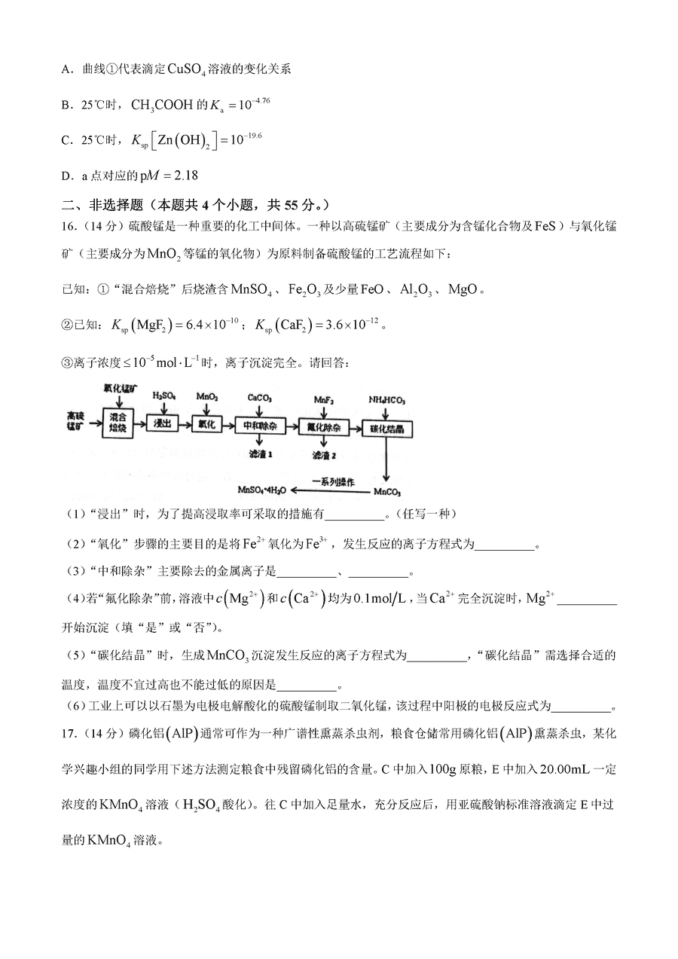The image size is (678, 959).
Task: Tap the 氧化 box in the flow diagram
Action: point(207,425)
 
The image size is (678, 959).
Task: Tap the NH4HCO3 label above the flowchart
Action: point(386,397)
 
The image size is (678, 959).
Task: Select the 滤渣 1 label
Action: point(260,454)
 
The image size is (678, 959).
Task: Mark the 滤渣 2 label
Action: point(325,456)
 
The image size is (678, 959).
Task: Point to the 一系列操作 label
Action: point(332,481)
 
